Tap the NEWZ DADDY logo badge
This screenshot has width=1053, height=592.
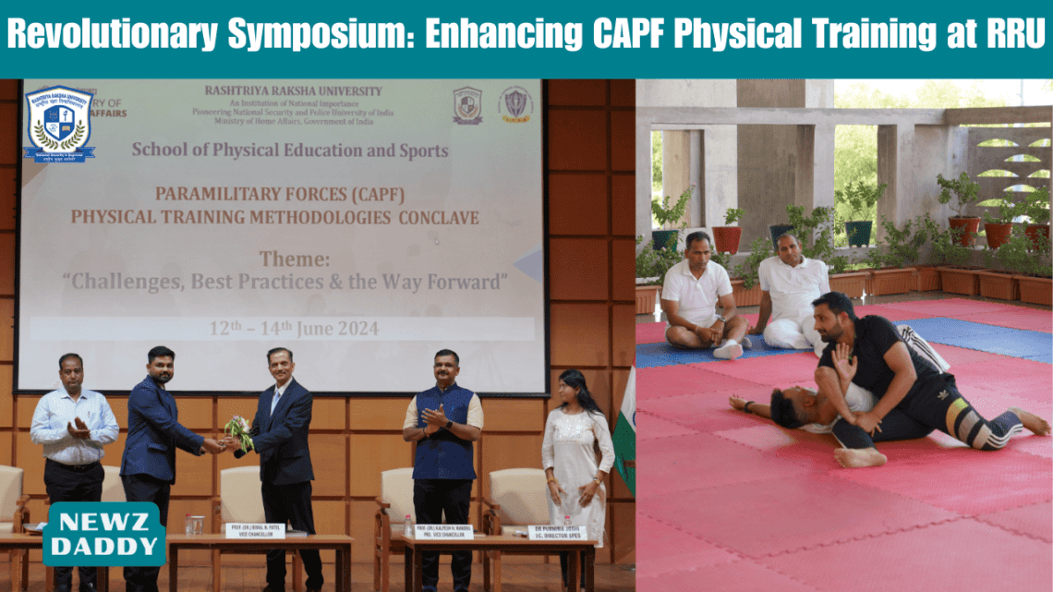click(104, 534)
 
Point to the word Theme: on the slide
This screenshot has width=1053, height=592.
click(293, 259)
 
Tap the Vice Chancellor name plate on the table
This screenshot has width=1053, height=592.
click(255, 530)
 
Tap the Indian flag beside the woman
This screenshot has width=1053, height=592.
click(625, 434)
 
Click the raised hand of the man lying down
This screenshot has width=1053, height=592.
click(843, 361)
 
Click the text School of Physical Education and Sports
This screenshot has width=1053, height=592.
click(290, 150)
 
